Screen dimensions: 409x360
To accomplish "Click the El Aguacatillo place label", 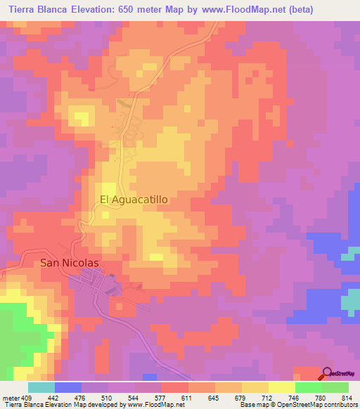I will [134, 200].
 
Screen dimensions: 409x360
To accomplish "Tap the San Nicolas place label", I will [68, 264].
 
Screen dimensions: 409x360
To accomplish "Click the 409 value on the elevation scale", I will [20, 397].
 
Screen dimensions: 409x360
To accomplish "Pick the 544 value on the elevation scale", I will [134, 397].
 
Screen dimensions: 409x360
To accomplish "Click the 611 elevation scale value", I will [188, 397].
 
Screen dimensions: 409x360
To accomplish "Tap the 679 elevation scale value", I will [241, 397].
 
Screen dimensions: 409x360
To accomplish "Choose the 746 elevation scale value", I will [295, 397].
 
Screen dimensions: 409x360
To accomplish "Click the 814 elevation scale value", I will [348, 397].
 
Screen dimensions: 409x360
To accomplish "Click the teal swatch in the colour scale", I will [41, 387].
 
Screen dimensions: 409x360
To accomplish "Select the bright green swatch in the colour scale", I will [308, 387].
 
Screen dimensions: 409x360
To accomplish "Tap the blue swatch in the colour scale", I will [67, 387].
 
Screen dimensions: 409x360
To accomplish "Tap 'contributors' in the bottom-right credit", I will [341, 405].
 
